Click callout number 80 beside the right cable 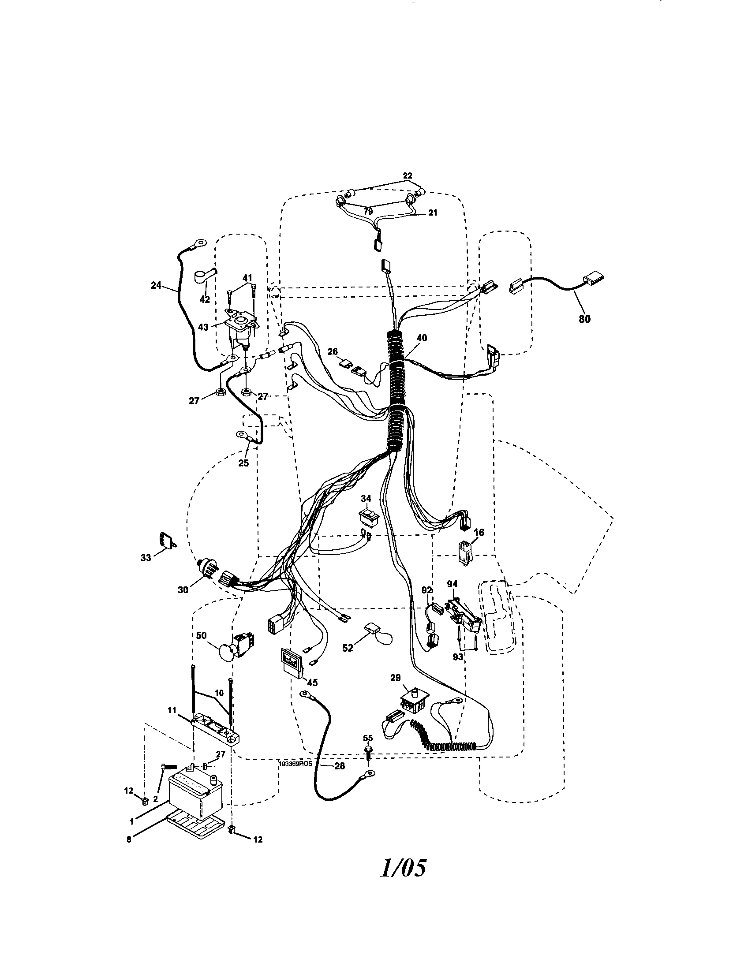(584, 318)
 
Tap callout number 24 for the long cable (157, 286)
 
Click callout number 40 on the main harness (422, 338)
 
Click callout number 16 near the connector (479, 532)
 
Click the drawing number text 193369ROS (296, 764)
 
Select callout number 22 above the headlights (408, 176)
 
